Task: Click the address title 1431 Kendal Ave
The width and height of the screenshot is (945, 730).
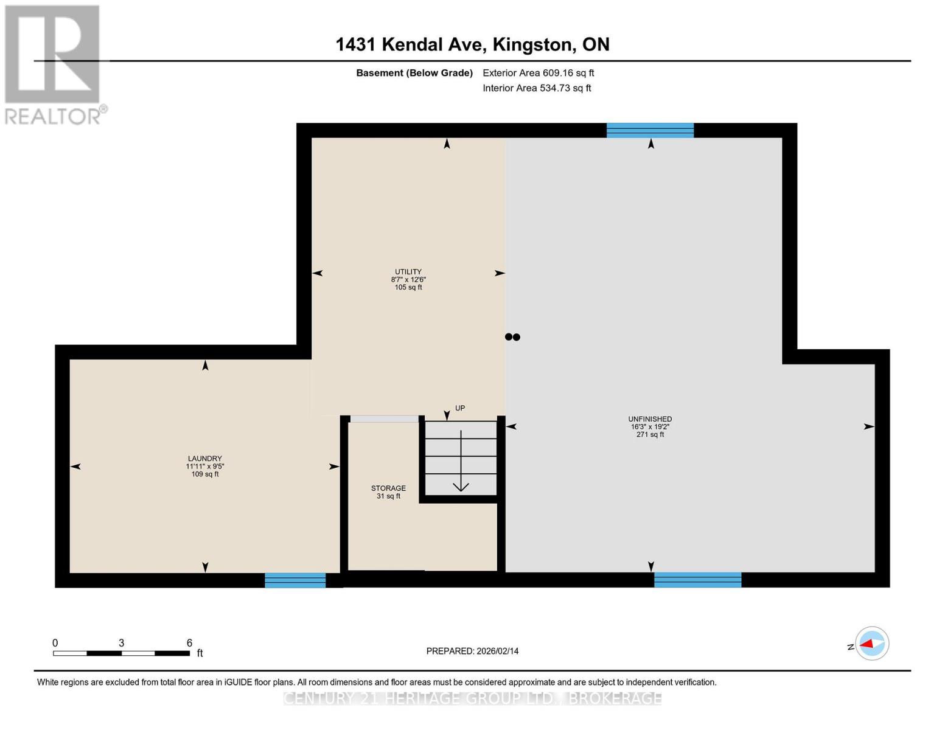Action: (x=472, y=44)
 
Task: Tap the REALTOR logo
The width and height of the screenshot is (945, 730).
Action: (x=54, y=64)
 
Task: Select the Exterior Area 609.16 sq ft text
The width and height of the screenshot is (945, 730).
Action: (x=538, y=73)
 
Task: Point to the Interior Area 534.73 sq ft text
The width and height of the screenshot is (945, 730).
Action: (x=537, y=88)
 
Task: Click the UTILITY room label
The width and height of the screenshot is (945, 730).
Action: (x=408, y=279)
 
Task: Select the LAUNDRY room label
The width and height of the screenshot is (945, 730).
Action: (x=204, y=466)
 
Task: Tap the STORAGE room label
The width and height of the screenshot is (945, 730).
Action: (x=388, y=492)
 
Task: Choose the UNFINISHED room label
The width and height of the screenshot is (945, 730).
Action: (x=650, y=426)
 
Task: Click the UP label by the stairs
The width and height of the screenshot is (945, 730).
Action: (x=460, y=408)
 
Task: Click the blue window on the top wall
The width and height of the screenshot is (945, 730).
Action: (x=650, y=130)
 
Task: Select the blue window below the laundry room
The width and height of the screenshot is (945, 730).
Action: (x=295, y=580)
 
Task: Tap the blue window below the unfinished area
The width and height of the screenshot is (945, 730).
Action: (x=697, y=580)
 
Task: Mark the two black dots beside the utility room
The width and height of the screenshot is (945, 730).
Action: (x=512, y=337)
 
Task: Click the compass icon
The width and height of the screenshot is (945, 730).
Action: (x=871, y=643)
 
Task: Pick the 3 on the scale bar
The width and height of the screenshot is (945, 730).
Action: (x=122, y=643)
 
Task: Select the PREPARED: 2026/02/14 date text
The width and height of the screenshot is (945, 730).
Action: (x=472, y=651)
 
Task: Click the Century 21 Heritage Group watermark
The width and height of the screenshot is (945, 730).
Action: (x=472, y=698)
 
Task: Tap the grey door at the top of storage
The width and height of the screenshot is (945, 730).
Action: (x=385, y=419)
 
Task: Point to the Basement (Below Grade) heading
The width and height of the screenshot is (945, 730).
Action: (x=414, y=73)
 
